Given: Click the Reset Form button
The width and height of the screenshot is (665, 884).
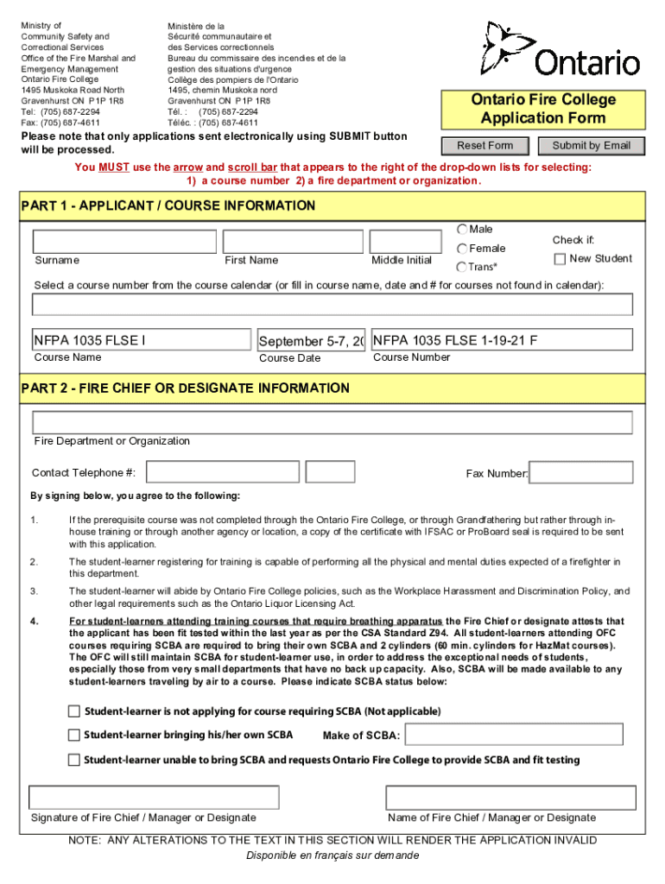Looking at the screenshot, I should (484, 146).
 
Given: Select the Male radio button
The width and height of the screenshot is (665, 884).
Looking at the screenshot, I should (462, 230).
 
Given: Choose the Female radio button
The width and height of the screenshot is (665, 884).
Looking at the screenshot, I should (462, 249).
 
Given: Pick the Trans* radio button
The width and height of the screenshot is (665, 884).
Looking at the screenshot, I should (462, 268).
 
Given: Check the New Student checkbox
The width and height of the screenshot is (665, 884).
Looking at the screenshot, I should (560, 259).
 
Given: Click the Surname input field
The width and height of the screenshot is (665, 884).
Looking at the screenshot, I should (124, 242).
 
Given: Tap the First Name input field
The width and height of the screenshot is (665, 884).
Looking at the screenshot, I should (291, 242).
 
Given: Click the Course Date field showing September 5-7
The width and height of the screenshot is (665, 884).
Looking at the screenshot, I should (311, 340).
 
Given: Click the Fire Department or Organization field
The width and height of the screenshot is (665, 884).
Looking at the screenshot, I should (332, 422).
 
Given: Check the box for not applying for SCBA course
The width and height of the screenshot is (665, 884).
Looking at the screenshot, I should (74, 711).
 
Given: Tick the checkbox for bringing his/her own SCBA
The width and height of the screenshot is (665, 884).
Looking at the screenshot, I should (74, 736).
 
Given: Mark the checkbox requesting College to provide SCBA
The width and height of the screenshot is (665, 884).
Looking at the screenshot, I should (74, 761).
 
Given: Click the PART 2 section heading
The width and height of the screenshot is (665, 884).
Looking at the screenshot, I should (186, 388).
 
